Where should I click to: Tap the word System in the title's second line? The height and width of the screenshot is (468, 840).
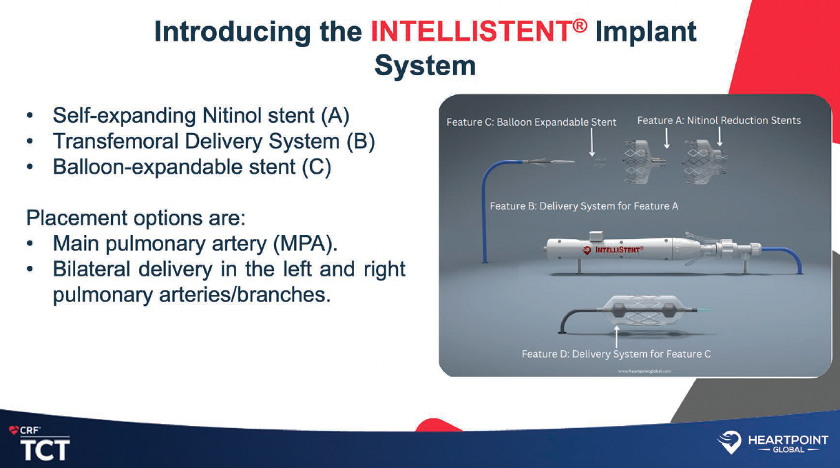(x=425, y=66)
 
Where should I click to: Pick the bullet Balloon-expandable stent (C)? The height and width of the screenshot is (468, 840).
(x=192, y=167)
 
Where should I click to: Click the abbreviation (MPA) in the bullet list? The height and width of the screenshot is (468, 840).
(x=307, y=243)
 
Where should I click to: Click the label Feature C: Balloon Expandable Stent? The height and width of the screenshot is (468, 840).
(x=531, y=122)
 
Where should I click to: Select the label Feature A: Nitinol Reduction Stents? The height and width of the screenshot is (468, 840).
(x=719, y=121)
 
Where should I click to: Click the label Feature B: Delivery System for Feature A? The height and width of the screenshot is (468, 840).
(x=583, y=206)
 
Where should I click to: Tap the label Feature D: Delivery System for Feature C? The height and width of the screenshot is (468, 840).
(x=616, y=354)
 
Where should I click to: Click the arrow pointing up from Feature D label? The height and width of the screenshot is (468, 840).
(x=616, y=337)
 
